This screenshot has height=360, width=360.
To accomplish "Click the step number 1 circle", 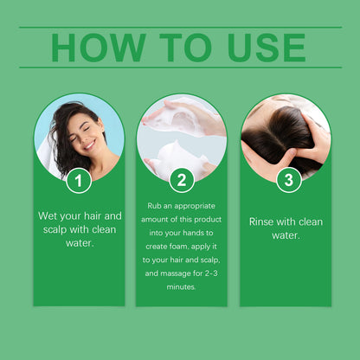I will (79, 180).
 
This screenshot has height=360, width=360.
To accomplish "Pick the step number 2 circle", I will (182, 180).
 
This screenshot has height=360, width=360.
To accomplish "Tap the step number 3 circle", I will (287, 180).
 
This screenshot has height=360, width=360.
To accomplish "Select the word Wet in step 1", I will (48, 215).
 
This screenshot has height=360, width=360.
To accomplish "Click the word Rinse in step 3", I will (262, 222).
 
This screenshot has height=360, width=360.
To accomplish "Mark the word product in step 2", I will (209, 219).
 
